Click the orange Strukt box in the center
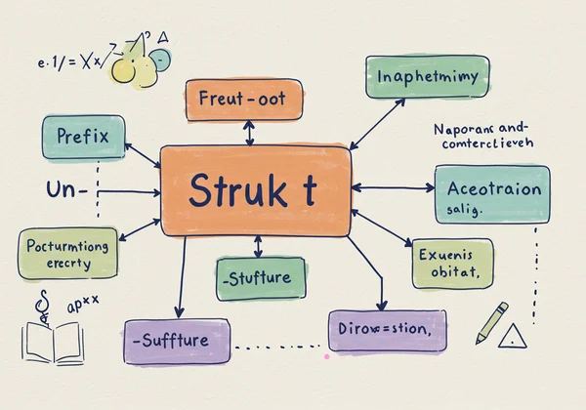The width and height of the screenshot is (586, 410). (x=256, y=191)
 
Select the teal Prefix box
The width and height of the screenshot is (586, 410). (x=82, y=137)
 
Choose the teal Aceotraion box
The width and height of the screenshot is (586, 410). (x=491, y=193)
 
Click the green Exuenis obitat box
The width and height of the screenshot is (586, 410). (x=451, y=264)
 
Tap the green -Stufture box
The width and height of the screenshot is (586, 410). (x=260, y=278)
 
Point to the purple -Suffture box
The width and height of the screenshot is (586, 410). (x=177, y=341)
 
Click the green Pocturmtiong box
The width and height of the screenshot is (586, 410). (x=69, y=254)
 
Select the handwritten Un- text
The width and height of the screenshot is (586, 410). (x=66, y=189)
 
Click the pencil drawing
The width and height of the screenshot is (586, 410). (x=492, y=322)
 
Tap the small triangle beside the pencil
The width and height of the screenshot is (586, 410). (x=512, y=338)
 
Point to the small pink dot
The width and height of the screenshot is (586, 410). (x=326, y=356)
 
